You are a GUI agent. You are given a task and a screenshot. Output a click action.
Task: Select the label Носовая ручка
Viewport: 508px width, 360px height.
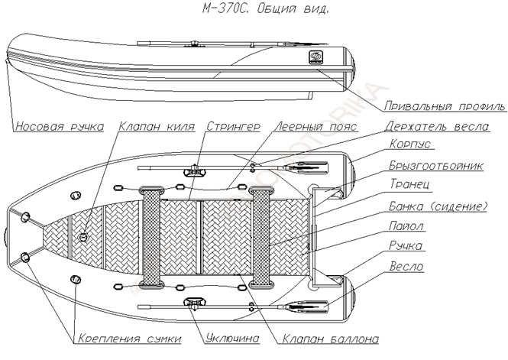click(58, 127)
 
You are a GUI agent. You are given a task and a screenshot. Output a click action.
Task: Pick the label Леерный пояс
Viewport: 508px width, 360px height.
click(307, 127)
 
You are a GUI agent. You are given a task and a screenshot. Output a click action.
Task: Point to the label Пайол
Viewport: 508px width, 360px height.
click(406, 226)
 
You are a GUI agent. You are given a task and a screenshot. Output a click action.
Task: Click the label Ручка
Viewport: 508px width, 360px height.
click(406, 246)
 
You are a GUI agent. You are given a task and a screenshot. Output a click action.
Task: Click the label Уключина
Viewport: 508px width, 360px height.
click(231, 338)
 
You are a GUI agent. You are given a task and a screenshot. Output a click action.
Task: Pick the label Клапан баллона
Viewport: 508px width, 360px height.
click(315, 338)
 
